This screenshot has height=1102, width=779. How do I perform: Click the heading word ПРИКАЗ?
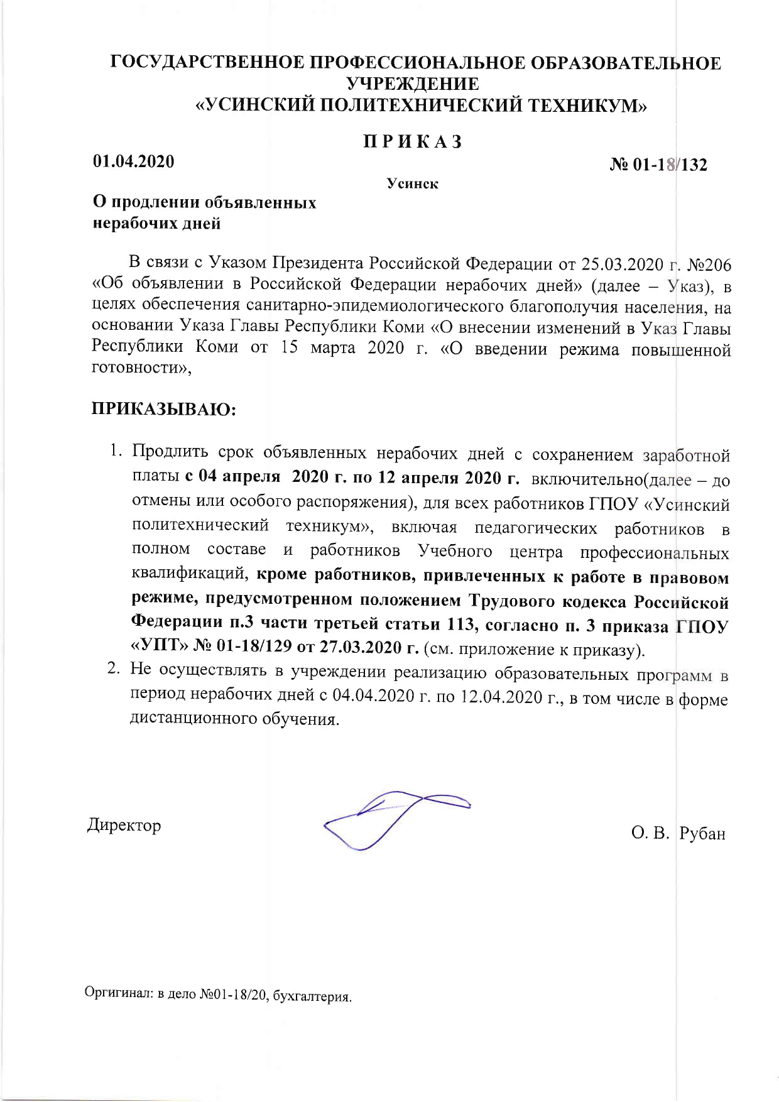coord(413,141)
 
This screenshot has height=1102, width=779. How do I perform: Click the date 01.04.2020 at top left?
coord(134,161)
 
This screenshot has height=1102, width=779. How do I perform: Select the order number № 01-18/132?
coord(659,165)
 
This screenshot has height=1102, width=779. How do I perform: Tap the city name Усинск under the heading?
coord(412,184)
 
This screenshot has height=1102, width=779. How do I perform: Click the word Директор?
coord(124,825)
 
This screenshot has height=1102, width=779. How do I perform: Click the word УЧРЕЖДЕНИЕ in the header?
coord(413,84)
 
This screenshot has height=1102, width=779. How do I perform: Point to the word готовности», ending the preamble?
coord(142,369)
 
